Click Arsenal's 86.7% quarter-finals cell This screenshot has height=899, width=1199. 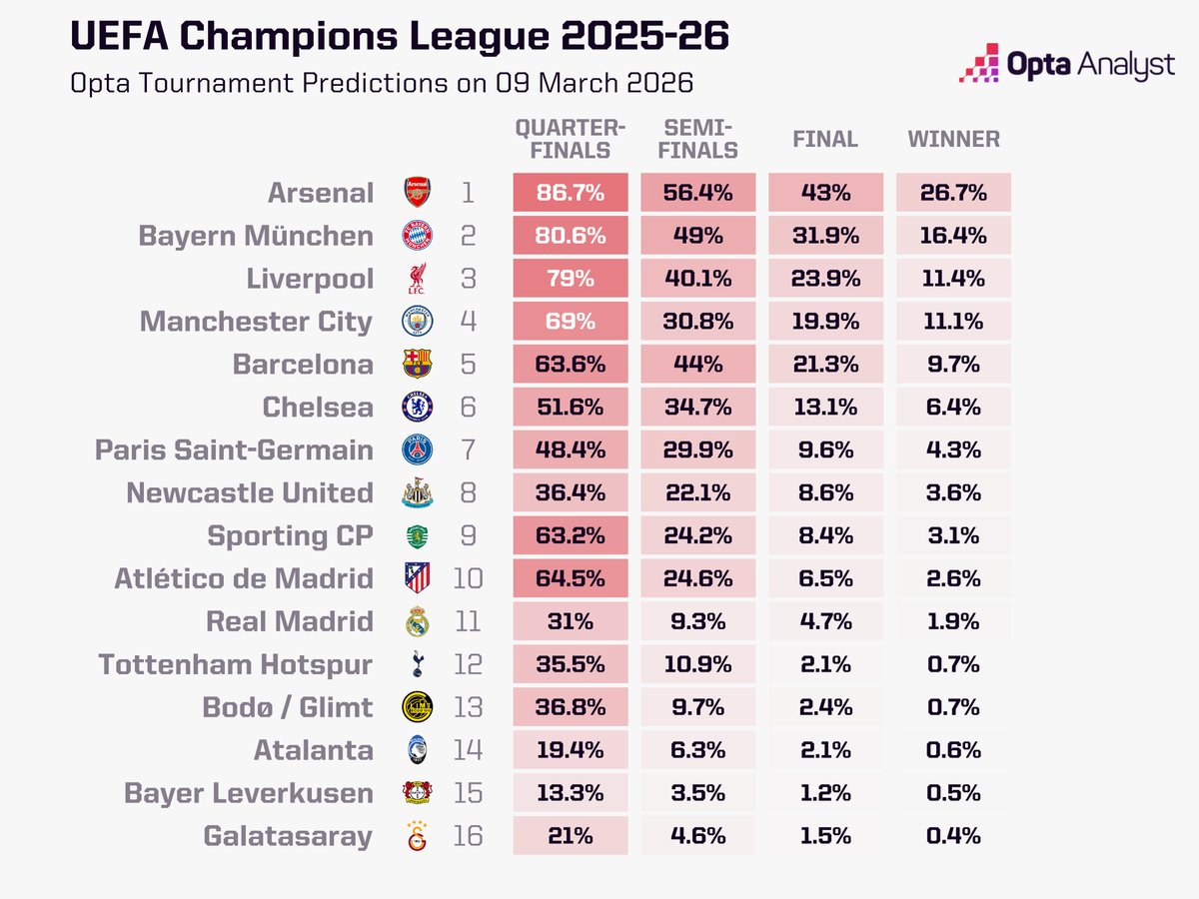571,192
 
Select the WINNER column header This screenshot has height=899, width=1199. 953,139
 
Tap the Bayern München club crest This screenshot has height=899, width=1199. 417,236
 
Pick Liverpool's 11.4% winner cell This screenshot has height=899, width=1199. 953,279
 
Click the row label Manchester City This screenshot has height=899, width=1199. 256,322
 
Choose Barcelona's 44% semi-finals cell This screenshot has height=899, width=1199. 698,365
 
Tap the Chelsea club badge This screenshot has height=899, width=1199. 417,408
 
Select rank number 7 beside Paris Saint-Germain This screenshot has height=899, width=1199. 468,450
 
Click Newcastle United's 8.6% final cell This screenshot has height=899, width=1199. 825,493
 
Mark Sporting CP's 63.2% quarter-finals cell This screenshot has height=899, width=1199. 571,536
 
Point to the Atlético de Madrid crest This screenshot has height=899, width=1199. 417,578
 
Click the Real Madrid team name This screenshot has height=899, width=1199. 289,621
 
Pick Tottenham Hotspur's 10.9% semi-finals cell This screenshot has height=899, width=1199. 698,664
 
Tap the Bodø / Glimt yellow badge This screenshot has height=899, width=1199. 417,707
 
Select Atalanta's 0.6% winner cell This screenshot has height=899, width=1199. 953,750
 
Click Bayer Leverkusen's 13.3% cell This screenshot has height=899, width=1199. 571,793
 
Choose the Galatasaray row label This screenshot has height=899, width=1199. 288,836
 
